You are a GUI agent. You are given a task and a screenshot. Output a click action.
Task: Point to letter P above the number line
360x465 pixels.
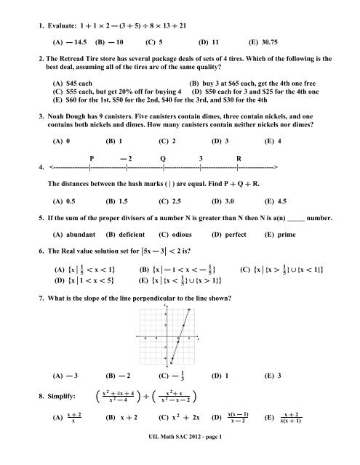pos(91,176)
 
